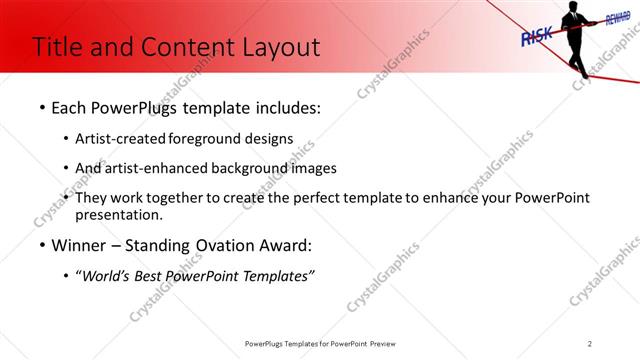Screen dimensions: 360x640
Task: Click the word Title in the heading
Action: [x=59, y=47]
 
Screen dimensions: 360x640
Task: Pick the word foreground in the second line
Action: [x=218, y=139]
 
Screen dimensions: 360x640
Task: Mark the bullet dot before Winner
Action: [x=41, y=245]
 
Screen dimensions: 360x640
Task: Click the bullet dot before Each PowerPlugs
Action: [x=41, y=108]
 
